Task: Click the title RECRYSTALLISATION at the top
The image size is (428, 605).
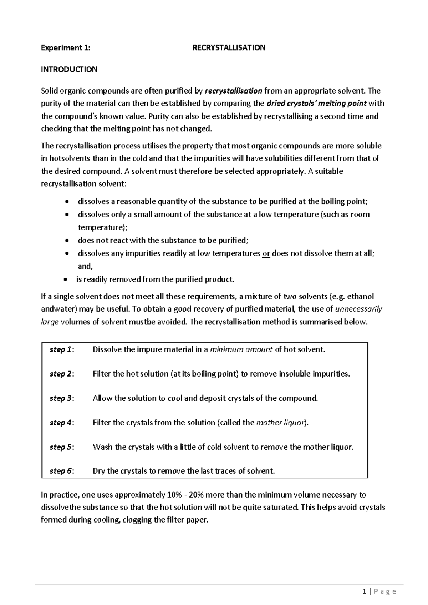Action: (x=229, y=48)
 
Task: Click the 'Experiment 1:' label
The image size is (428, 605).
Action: (x=66, y=48)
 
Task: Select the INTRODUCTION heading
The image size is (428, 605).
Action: (x=69, y=70)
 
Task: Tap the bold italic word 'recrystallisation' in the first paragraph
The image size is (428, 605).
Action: (x=233, y=91)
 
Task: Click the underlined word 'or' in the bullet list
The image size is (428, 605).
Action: (x=266, y=254)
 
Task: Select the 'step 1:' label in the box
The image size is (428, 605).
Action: (x=62, y=350)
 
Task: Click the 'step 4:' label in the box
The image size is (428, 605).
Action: (x=62, y=423)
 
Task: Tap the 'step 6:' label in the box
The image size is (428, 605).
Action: (x=62, y=471)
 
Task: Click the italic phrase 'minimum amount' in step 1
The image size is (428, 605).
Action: (x=241, y=350)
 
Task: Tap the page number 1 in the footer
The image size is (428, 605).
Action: (x=364, y=592)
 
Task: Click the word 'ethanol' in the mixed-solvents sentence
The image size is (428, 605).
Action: (x=361, y=297)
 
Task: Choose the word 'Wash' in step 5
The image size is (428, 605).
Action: (x=102, y=447)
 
